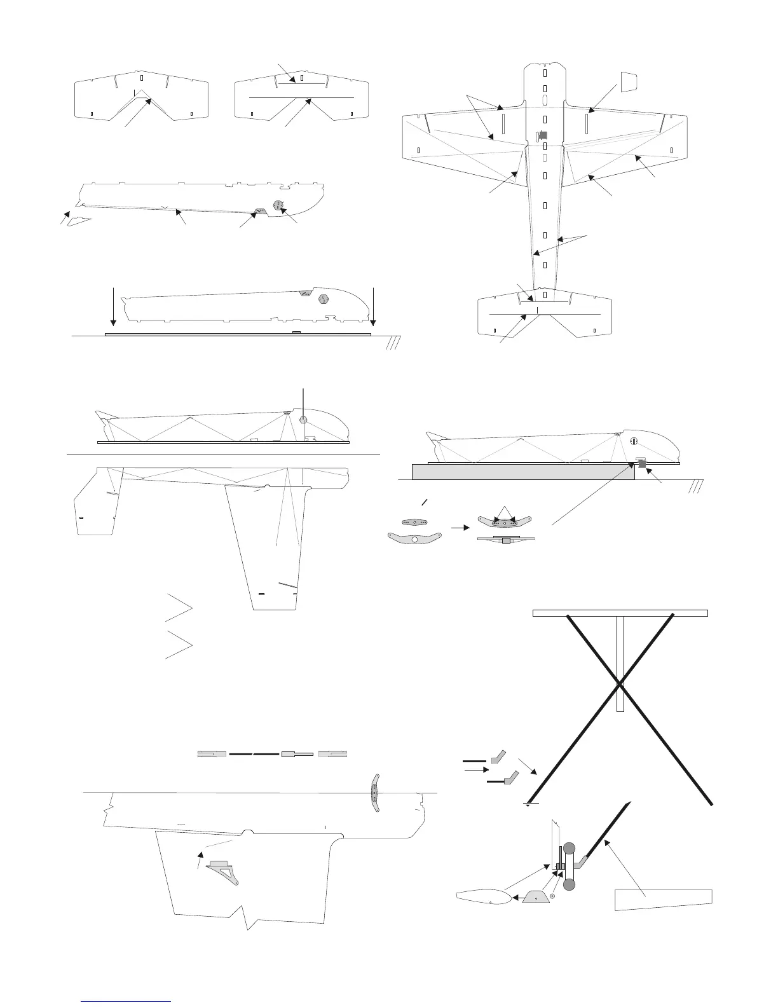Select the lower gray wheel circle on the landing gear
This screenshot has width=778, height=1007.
tap(569, 884)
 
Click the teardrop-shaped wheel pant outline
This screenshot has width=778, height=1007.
tap(484, 897)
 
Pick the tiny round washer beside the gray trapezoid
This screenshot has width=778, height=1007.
tap(552, 896)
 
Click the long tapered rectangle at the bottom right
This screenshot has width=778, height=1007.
tap(663, 900)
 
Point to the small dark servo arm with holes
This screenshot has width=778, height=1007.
tap(415, 522)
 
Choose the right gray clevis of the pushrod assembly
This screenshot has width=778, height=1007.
tap(332, 754)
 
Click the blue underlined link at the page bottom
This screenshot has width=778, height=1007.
tap(126, 1001)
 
